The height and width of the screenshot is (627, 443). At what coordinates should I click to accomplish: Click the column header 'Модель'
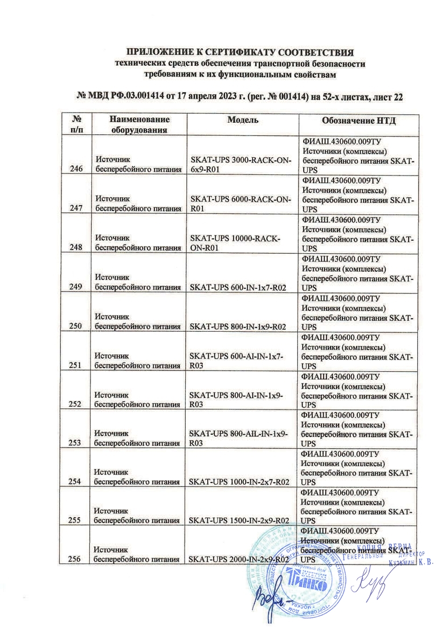[242, 120]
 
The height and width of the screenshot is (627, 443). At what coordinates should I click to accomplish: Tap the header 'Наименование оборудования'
[137, 124]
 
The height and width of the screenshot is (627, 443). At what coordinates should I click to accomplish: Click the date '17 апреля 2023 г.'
[210, 96]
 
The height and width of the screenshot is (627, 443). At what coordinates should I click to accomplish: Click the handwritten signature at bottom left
[270, 598]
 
